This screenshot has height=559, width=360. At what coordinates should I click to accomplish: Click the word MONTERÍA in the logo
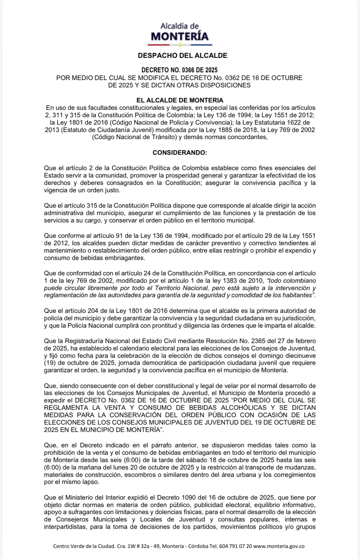(180, 37)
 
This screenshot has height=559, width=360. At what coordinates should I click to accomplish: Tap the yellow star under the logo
(180, 45)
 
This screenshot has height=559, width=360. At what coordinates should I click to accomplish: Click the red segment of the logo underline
(159, 45)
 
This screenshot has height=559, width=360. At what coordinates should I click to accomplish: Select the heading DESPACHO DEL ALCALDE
(182, 56)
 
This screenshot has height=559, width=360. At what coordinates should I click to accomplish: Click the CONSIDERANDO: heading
(180, 153)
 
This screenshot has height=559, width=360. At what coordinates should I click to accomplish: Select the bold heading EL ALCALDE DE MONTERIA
(180, 100)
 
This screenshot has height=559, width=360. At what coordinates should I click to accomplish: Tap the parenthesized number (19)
(50, 363)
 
